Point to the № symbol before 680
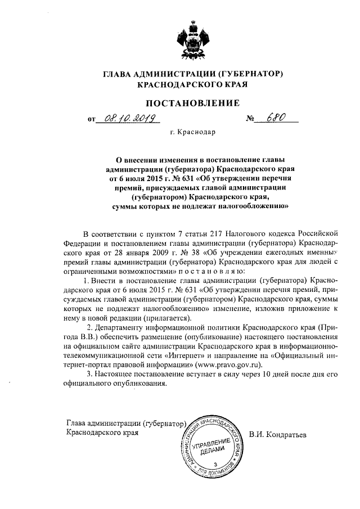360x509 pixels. pyautogui.click(x=251, y=119)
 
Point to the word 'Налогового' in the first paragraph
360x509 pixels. pyautogui.click(x=250, y=233)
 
